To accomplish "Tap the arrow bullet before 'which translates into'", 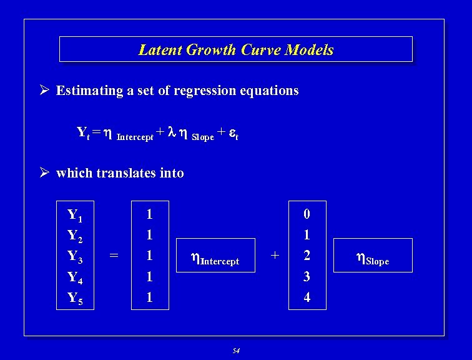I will click(x=44, y=173).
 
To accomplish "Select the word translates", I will click(x=127, y=173).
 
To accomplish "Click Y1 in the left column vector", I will click(x=75, y=216).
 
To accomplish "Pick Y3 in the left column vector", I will click(x=75, y=256).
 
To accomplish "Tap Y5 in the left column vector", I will click(x=75, y=299).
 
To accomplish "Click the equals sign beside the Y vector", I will click(x=114, y=255).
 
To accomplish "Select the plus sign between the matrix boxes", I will click(x=273, y=255).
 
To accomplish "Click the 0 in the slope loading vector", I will click(x=307, y=214).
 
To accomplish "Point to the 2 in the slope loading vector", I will click(x=307, y=256).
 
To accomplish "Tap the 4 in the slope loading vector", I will click(x=307, y=297).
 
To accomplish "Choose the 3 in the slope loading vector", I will click(x=307, y=276).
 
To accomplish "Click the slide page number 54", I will click(x=236, y=351).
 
